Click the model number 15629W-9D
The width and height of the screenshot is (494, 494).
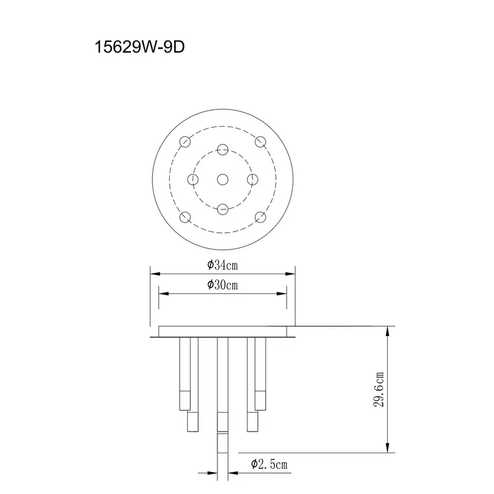140,48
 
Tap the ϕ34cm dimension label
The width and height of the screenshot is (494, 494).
222,266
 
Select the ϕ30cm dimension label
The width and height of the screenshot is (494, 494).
222,285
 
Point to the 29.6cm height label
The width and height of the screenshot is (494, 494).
379,390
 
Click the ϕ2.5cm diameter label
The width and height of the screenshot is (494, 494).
269,464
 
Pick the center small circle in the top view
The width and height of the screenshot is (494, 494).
223,180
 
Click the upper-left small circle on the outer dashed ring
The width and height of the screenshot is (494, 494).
185,142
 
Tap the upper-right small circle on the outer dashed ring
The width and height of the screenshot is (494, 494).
261,142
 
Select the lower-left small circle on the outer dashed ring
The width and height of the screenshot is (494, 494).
185,217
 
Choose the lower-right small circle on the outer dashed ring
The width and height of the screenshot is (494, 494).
261,217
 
